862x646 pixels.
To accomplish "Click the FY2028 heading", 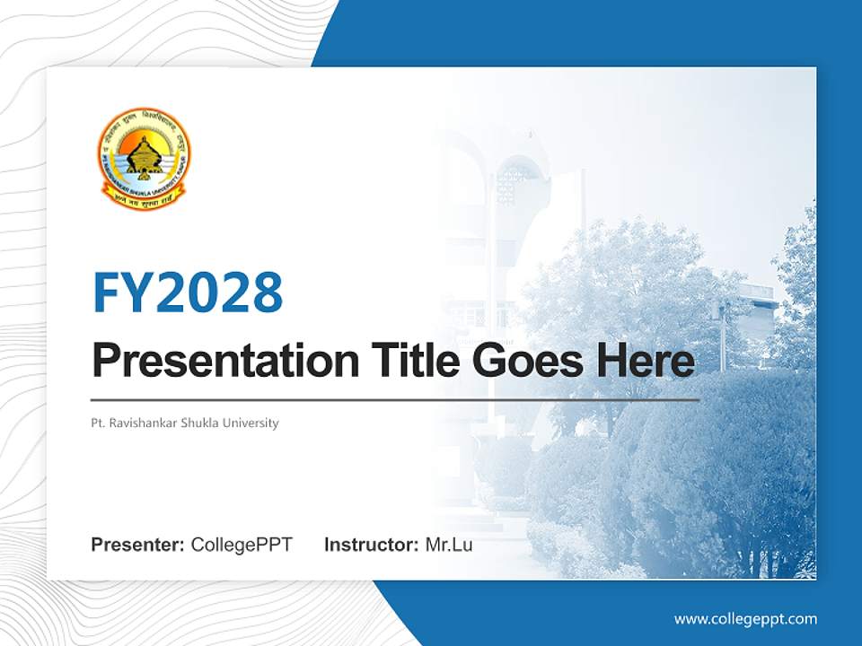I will [188, 292].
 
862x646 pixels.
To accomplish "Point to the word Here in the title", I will [645, 362].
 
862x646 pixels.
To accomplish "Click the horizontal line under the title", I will [395, 399].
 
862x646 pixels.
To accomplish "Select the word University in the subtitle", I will [256, 423].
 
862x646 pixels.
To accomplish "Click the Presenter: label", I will [138, 545].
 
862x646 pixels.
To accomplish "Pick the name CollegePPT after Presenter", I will [242, 545].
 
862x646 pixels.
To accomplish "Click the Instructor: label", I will [371, 545].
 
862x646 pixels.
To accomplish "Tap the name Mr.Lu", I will [449, 545].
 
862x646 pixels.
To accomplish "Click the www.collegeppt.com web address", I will [745, 619].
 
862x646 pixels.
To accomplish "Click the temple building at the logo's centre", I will [144, 158].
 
